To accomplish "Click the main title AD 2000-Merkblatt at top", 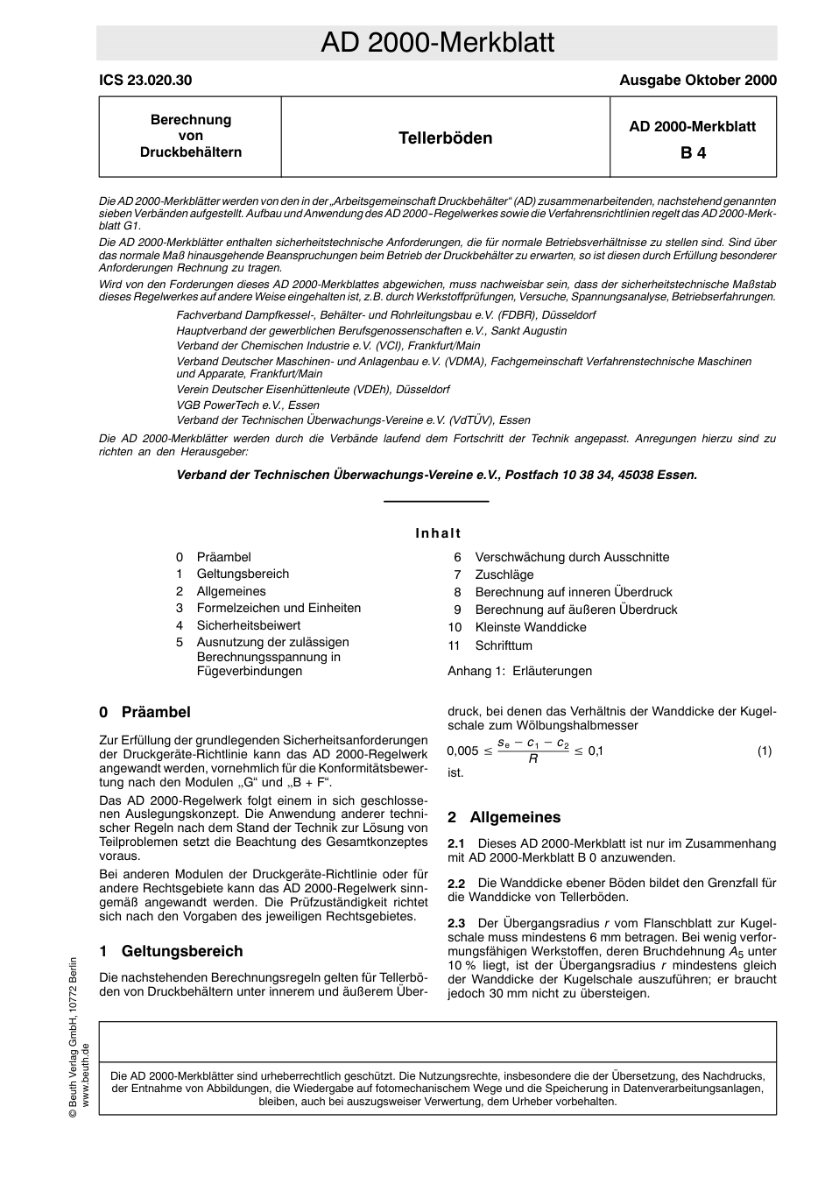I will [x=437, y=43].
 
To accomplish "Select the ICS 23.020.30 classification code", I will [x=145, y=80].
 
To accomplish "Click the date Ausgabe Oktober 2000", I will [x=697, y=80].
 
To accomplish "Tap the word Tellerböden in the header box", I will [x=445, y=138].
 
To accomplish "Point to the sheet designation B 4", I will [x=693, y=152].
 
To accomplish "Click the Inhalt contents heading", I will [x=438, y=532].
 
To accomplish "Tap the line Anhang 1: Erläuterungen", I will [x=519, y=671].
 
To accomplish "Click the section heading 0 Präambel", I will [x=145, y=712].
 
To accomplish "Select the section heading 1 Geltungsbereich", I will [x=171, y=951].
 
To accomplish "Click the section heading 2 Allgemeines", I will [x=504, y=817].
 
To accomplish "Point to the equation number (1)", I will [x=764, y=751].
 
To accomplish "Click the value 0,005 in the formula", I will [x=462, y=751].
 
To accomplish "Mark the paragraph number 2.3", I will [x=456, y=923].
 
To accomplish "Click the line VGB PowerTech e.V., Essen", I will [x=248, y=405].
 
